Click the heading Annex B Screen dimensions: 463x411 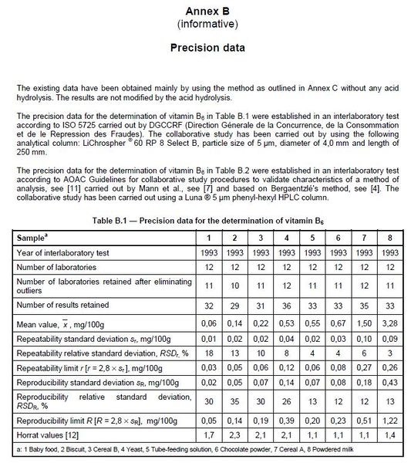pos(205,10)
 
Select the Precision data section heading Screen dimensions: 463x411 pos(205,48)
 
